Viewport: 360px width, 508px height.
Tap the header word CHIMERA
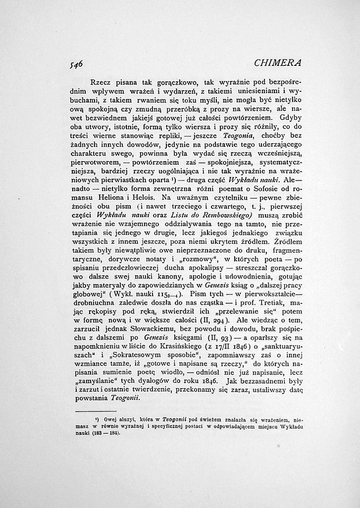click(277, 63)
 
